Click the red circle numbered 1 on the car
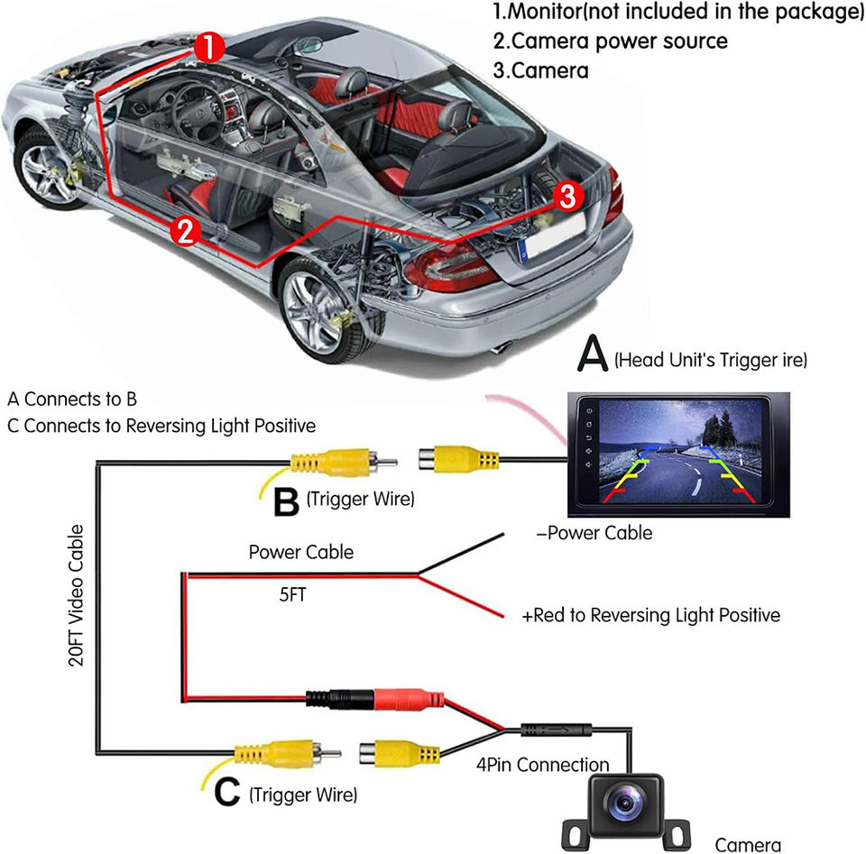(x=208, y=48)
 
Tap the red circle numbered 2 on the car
(x=185, y=231)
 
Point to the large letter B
(x=286, y=502)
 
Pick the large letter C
(x=227, y=794)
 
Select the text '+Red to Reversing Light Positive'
(x=651, y=616)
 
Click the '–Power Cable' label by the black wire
(x=594, y=533)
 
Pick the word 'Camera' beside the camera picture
(x=748, y=844)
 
